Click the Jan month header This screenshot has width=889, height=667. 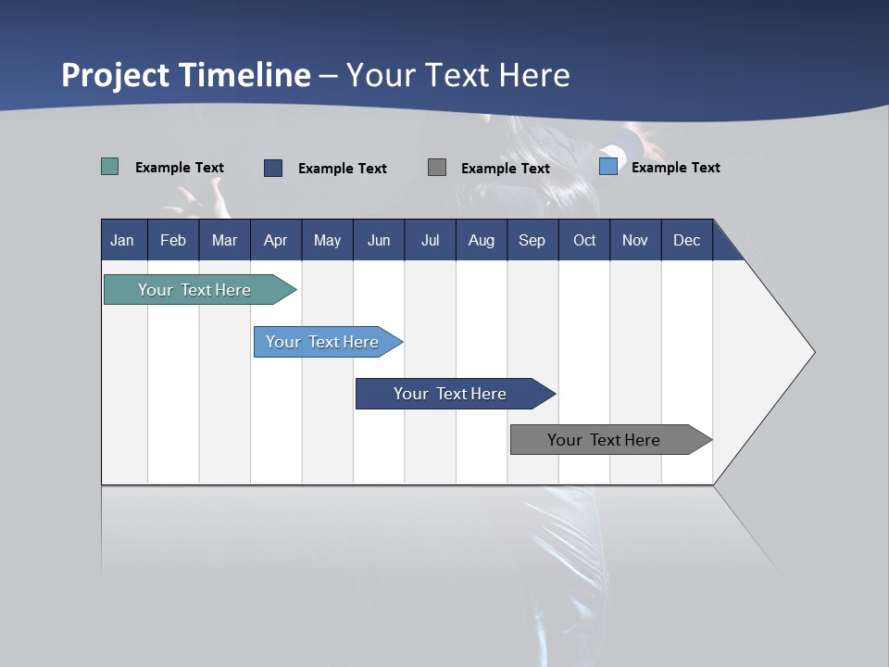point(122,240)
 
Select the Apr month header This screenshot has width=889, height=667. point(275,240)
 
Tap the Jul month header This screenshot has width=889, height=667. point(430,240)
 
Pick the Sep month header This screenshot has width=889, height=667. point(532,240)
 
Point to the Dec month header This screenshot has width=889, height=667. point(686,240)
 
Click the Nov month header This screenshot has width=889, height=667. point(634,240)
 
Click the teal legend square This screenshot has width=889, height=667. point(110,167)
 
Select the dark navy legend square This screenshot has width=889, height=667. point(273,168)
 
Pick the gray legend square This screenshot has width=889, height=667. point(437,167)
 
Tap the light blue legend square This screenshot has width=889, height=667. point(608,167)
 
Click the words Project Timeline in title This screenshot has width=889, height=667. point(185,75)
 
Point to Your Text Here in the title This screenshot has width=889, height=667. point(458,75)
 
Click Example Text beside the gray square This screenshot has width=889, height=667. point(505,169)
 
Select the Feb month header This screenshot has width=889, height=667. point(173,240)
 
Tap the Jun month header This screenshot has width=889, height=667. point(379,240)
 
